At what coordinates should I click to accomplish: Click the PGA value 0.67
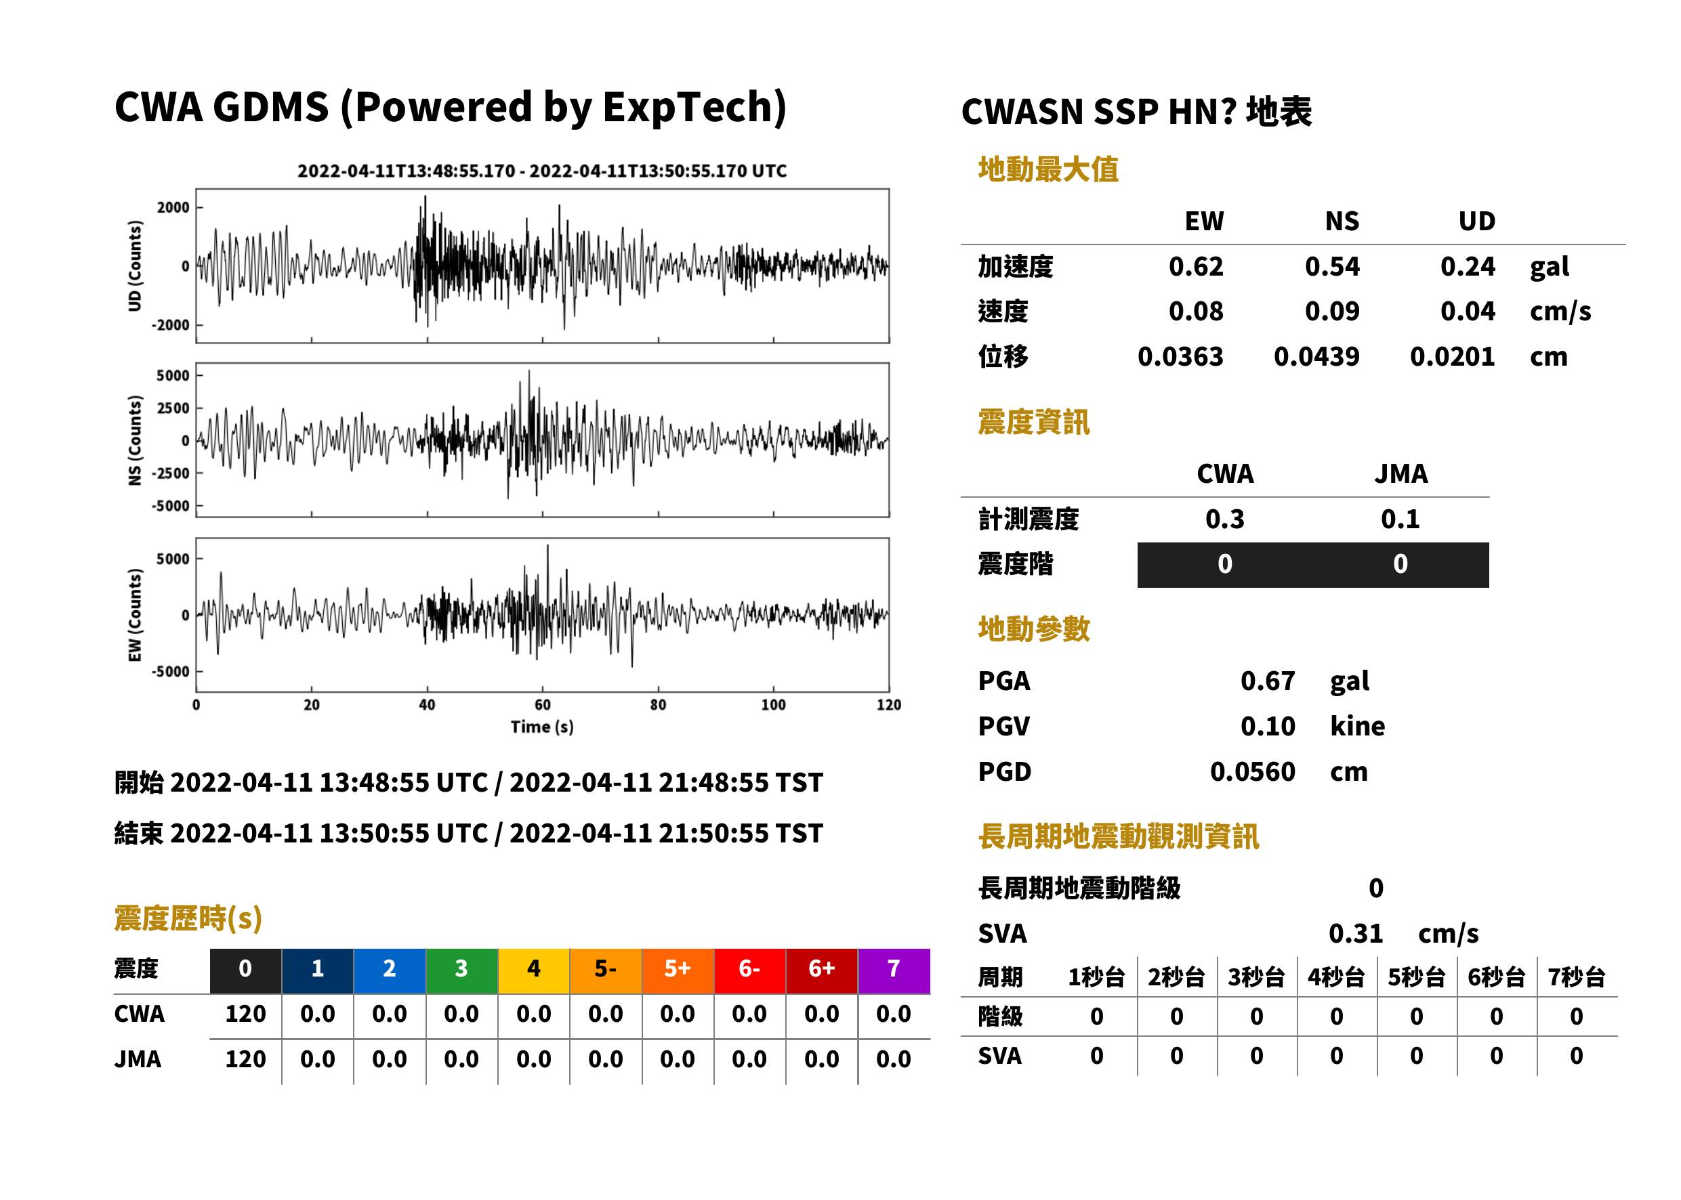[1267, 681]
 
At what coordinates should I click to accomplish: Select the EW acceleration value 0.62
[1195, 266]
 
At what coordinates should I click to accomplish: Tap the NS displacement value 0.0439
[1316, 356]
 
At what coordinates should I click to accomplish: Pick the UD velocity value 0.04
[1468, 311]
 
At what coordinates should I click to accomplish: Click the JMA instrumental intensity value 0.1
[1400, 519]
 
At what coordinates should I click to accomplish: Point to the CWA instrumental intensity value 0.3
[1225, 519]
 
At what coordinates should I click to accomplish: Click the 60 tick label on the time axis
[543, 705]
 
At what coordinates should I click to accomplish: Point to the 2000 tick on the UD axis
[173, 208]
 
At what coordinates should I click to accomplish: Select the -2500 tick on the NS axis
[171, 473]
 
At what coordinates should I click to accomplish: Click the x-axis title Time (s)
[542, 727]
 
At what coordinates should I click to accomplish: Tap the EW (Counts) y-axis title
[135, 615]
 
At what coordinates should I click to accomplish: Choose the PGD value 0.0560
[1252, 771]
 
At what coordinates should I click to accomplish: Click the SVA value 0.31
[1356, 933]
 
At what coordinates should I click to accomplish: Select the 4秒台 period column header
[1335, 977]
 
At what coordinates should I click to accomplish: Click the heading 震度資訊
[1033, 422]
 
